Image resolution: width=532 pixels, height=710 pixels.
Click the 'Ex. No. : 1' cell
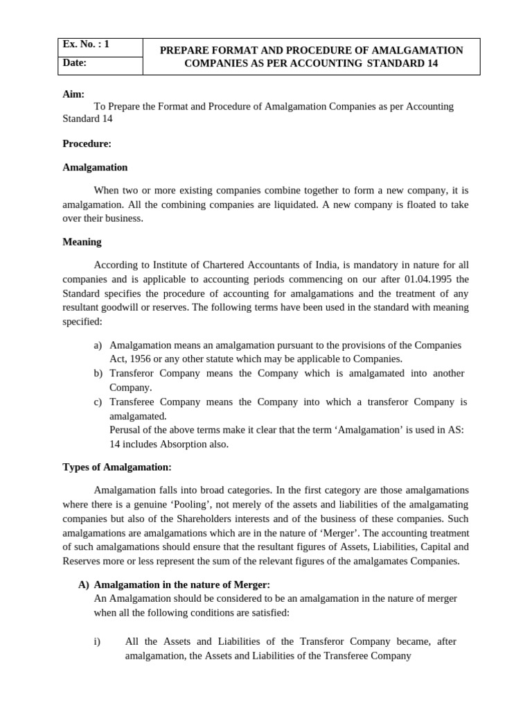[87, 44]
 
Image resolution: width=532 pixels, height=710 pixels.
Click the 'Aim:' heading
[73, 94]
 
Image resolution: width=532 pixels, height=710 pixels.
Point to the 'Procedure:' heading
[87, 144]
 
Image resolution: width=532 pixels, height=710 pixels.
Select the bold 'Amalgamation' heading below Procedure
[95, 167]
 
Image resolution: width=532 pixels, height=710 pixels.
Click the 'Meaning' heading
[82, 242]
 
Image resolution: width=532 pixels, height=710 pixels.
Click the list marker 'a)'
[98, 345]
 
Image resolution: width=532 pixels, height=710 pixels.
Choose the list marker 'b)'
[98, 373]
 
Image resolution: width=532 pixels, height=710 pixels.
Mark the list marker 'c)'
[98, 401]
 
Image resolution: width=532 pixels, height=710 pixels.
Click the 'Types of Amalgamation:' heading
[116, 467]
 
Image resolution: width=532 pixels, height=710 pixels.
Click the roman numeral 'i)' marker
[98, 641]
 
